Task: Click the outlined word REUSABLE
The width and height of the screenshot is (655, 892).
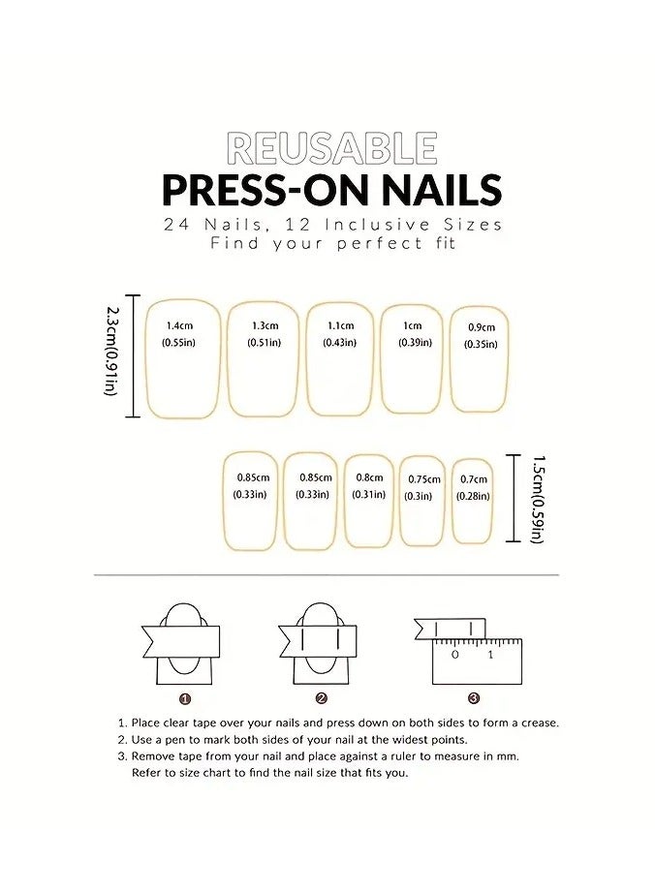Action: (332, 148)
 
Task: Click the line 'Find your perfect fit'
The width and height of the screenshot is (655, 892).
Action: (332, 244)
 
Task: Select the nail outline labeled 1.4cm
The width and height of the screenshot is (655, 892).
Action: (180, 358)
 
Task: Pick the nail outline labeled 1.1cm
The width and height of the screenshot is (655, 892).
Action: (340, 358)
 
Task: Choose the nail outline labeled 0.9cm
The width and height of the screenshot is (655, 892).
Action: (481, 357)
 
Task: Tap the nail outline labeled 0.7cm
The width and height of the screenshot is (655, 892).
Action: (473, 501)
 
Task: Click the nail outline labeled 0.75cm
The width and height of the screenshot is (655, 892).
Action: (422, 500)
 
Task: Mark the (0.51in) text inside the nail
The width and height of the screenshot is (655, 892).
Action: (263, 343)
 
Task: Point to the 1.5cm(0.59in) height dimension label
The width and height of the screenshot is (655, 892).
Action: (537, 499)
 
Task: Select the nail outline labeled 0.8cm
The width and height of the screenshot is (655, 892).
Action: (370, 501)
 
